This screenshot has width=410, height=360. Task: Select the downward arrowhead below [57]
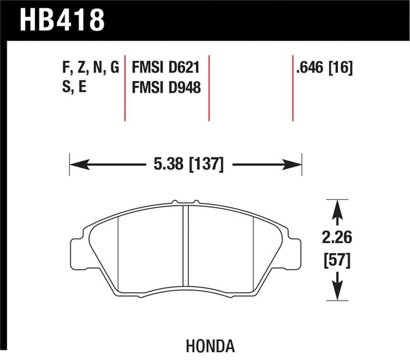click(x=337, y=292)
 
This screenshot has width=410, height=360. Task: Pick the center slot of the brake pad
click(x=186, y=246)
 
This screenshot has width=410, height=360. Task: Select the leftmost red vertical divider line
click(x=126, y=87)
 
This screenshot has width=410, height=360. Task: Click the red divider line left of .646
click(x=293, y=87)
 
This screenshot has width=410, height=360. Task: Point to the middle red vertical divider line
click(x=209, y=87)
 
